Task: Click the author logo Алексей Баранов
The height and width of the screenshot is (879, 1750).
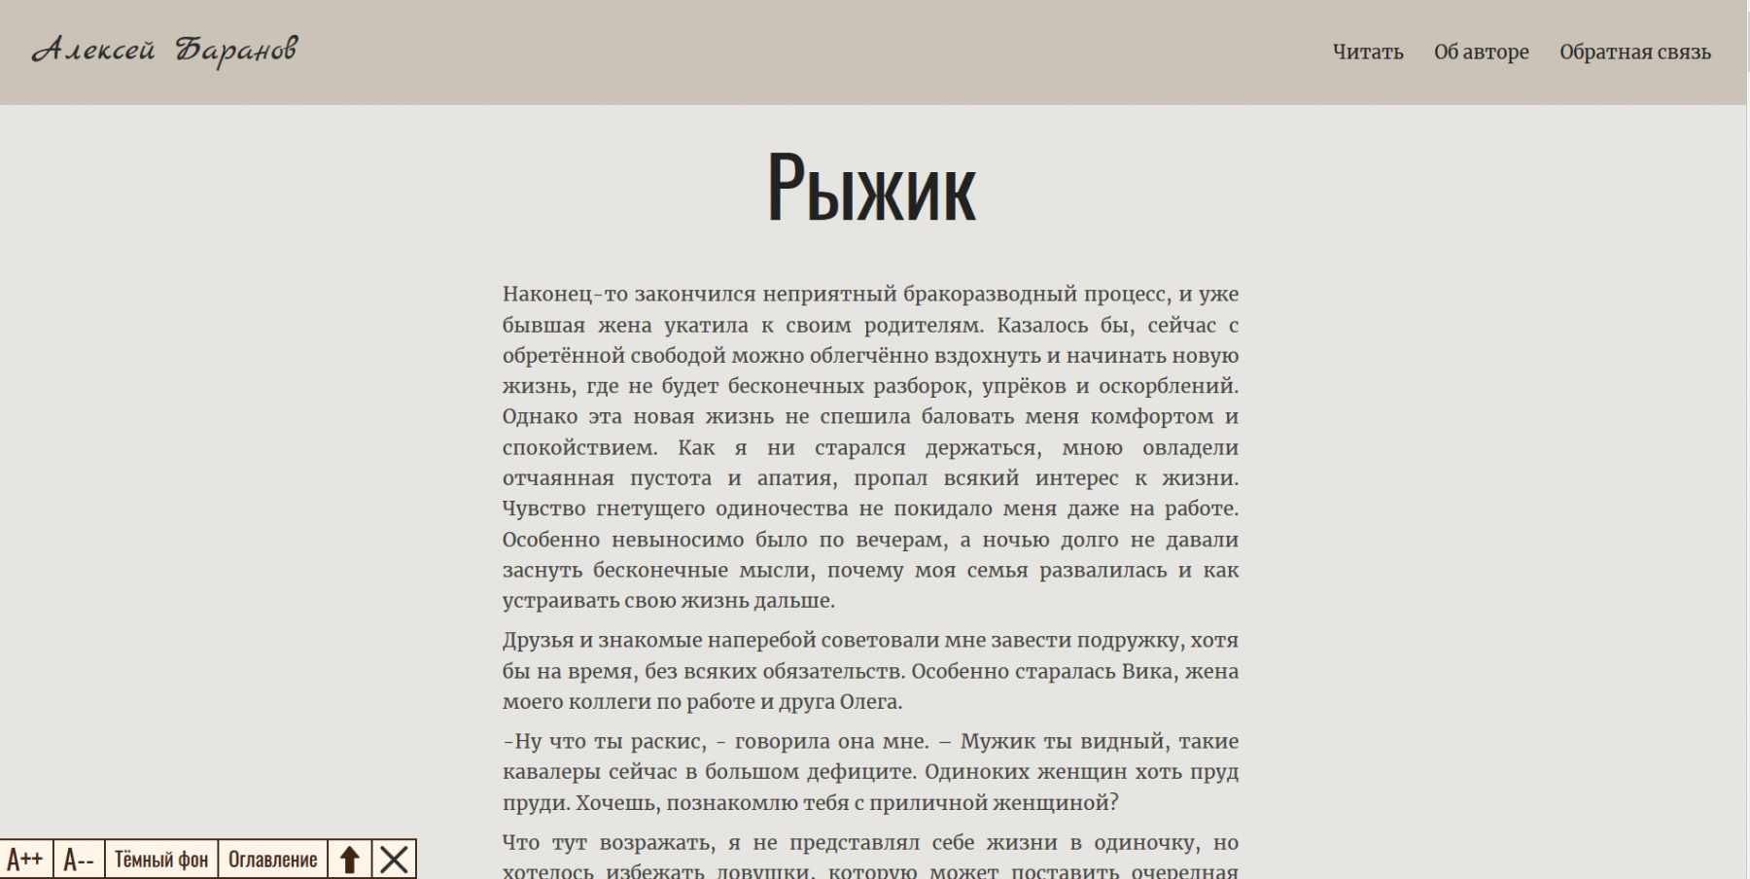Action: [x=164, y=51]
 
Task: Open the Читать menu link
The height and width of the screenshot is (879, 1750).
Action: [x=1367, y=53]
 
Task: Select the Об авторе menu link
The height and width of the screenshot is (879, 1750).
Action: [x=1481, y=53]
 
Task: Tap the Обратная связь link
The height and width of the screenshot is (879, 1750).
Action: [x=1634, y=53]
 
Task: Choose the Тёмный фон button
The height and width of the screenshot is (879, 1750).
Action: [x=161, y=860]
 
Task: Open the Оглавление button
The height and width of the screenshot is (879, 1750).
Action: [x=272, y=860]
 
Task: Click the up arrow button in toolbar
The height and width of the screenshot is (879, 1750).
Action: [x=350, y=860]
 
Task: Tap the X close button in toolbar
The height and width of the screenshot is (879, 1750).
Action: [x=394, y=860]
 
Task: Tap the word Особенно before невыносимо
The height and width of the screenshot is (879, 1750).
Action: [x=550, y=540]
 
